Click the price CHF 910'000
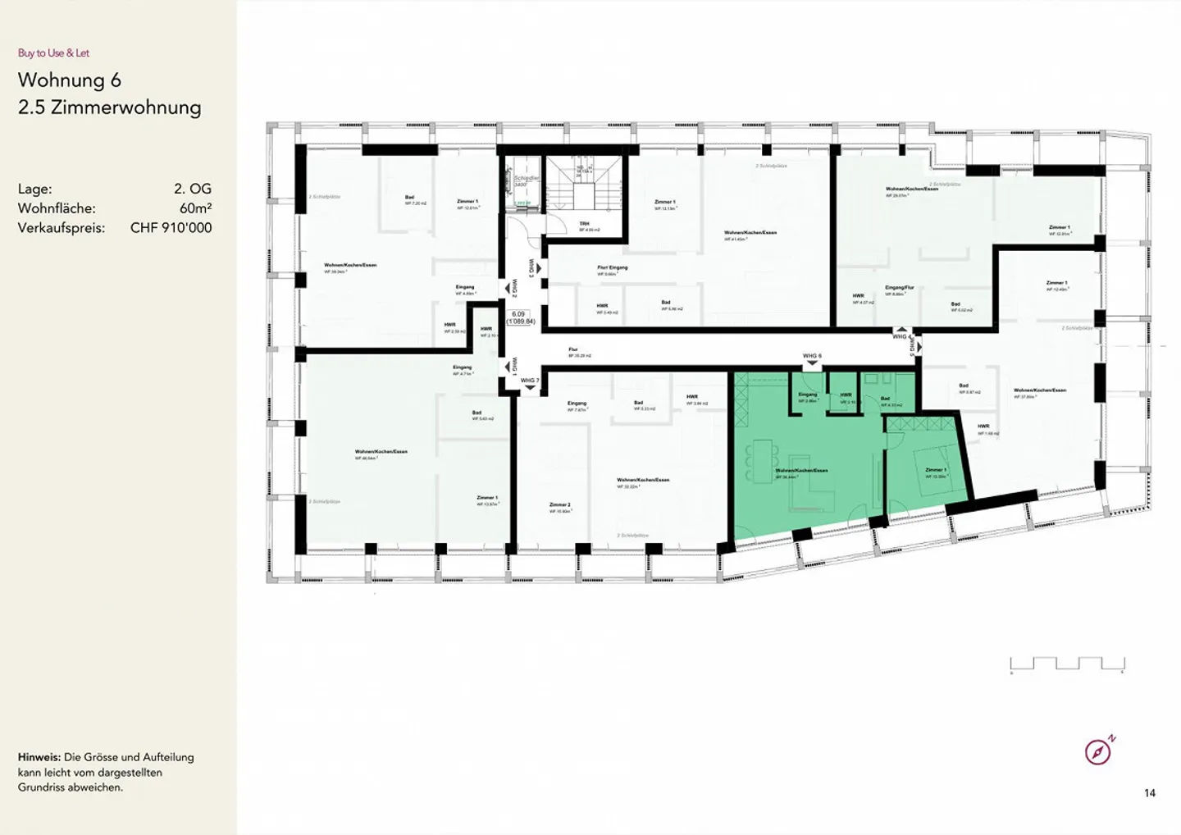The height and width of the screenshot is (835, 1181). coord(171,228)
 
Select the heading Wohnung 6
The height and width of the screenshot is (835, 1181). coord(70,80)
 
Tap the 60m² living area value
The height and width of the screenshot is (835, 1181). coord(195,208)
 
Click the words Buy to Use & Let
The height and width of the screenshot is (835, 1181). coord(53,53)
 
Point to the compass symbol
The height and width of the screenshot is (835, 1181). coord(1098,751)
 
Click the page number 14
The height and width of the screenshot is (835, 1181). coord(1150,793)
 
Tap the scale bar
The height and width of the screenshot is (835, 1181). coord(1067,664)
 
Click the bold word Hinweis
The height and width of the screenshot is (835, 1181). coord(39,757)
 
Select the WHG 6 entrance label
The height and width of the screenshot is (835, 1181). coord(811,356)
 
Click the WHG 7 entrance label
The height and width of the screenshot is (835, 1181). coord(529,381)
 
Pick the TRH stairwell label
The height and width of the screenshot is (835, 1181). coord(584,224)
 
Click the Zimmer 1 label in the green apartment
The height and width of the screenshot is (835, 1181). coord(935,471)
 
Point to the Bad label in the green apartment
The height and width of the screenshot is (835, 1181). coord(885,399)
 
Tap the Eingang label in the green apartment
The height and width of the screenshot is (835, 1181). coord(807,395)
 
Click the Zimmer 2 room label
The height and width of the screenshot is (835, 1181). coord(560,505)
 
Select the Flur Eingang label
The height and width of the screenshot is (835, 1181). coord(612,267)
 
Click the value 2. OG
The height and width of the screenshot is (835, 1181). coord(193,189)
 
